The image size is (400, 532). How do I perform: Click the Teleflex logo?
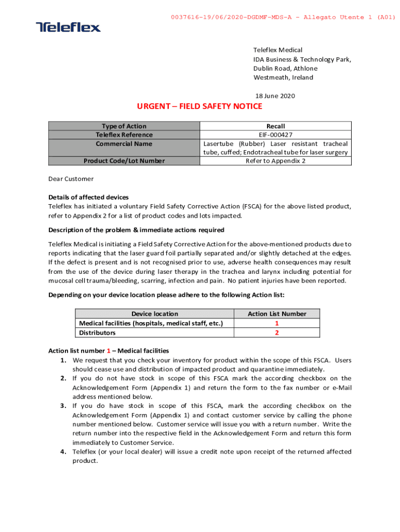[68, 27]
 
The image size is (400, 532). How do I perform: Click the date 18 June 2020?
[275, 96]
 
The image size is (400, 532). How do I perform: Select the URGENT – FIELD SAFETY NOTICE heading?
[199, 107]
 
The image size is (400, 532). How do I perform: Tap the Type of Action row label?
[124, 126]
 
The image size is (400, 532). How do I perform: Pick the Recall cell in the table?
[275, 126]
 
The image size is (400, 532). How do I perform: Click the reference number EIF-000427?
[275, 135]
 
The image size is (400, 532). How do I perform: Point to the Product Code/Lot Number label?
[124, 161]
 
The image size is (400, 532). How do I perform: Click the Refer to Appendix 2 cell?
[275, 161]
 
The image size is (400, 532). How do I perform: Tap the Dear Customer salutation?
[71, 179]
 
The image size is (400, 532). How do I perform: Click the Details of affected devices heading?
[88, 197]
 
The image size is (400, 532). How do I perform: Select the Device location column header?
[154, 314]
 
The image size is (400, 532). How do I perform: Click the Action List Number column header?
[277, 314]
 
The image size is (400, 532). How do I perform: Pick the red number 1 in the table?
[277, 323]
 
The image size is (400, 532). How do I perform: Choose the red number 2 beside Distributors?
[277, 332]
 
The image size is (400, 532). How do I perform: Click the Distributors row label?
[97, 332]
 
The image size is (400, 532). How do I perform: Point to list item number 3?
[63, 406]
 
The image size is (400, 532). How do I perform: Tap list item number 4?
[63, 451]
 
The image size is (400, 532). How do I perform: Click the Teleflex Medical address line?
[278, 50]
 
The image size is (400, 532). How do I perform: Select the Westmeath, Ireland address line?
[283, 78]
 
